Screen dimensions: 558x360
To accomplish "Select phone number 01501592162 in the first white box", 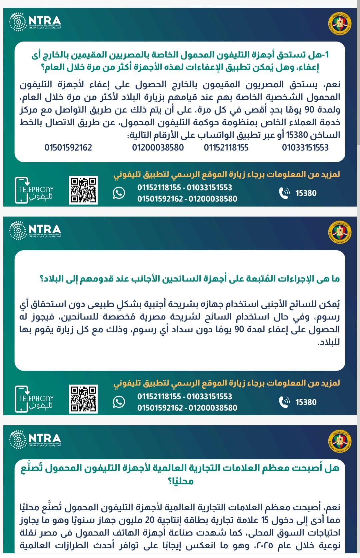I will pyautogui.click(x=68, y=147).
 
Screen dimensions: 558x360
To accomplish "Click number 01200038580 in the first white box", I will pyautogui.click(x=158, y=147).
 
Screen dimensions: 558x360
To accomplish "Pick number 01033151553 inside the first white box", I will pyautogui.click(x=305, y=147).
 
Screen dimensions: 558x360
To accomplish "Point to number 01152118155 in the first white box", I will pyautogui.click(x=226, y=147).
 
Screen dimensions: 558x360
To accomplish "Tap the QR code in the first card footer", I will pyautogui.click(x=83, y=190).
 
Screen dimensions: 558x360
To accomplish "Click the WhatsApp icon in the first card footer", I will pyautogui.click(x=119, y=193).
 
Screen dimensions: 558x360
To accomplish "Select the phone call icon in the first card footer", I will pyautogui.click(x=284, y=193).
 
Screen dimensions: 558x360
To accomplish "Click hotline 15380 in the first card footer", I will pyautogui.click(x=306, y=193).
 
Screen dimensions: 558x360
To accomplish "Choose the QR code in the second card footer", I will pyautogui.click(x=83, y=399).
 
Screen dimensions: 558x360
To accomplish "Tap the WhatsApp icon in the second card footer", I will pyautogui.click(x=119, y=402).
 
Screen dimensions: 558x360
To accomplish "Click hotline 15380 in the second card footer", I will pyautogui.click(x=306, y=402).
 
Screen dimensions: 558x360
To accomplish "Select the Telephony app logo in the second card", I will pyautogui.click(x=34, y=399).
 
